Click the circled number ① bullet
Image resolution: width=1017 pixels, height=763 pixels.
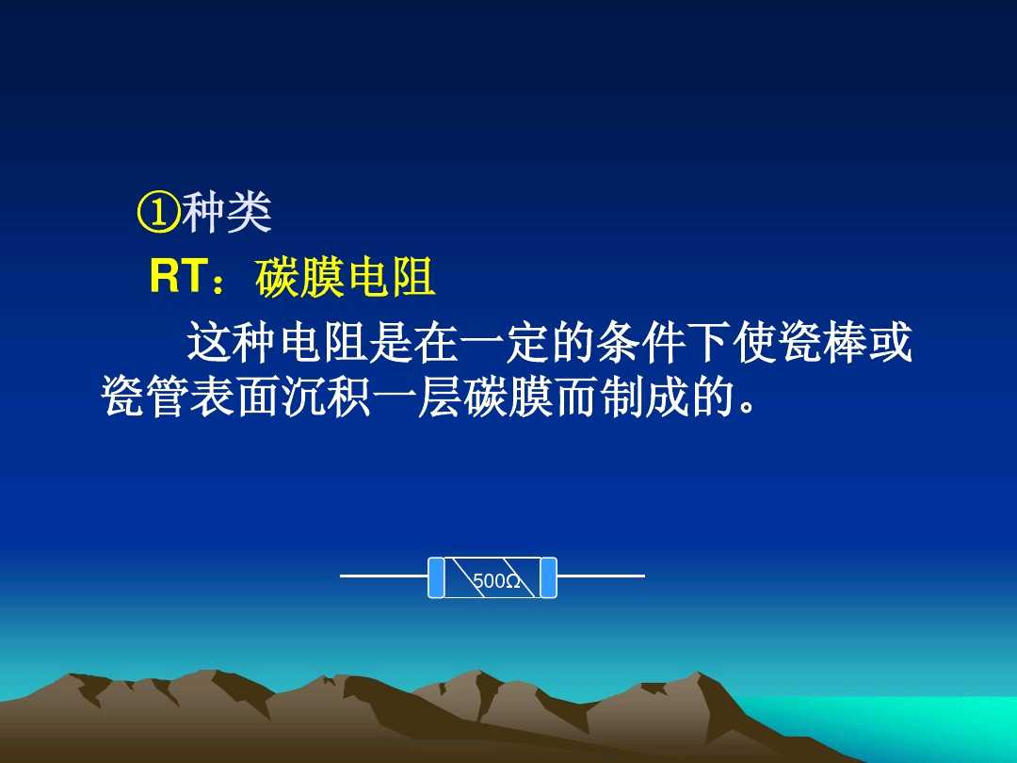[158, 215]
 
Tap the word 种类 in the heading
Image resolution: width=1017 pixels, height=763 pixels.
[227, 215]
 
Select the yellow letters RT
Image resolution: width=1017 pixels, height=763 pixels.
[178, 278]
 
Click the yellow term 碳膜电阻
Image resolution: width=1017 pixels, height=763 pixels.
[345, 279]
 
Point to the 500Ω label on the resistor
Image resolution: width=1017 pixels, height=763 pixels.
[496, 581]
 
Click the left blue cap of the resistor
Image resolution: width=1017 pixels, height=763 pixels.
[436, 577]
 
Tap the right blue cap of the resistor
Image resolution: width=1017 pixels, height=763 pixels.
[548, 577]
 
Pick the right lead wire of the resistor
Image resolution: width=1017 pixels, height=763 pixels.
[601, 575]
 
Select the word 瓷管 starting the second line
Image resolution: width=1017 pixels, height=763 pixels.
[145, 398]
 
